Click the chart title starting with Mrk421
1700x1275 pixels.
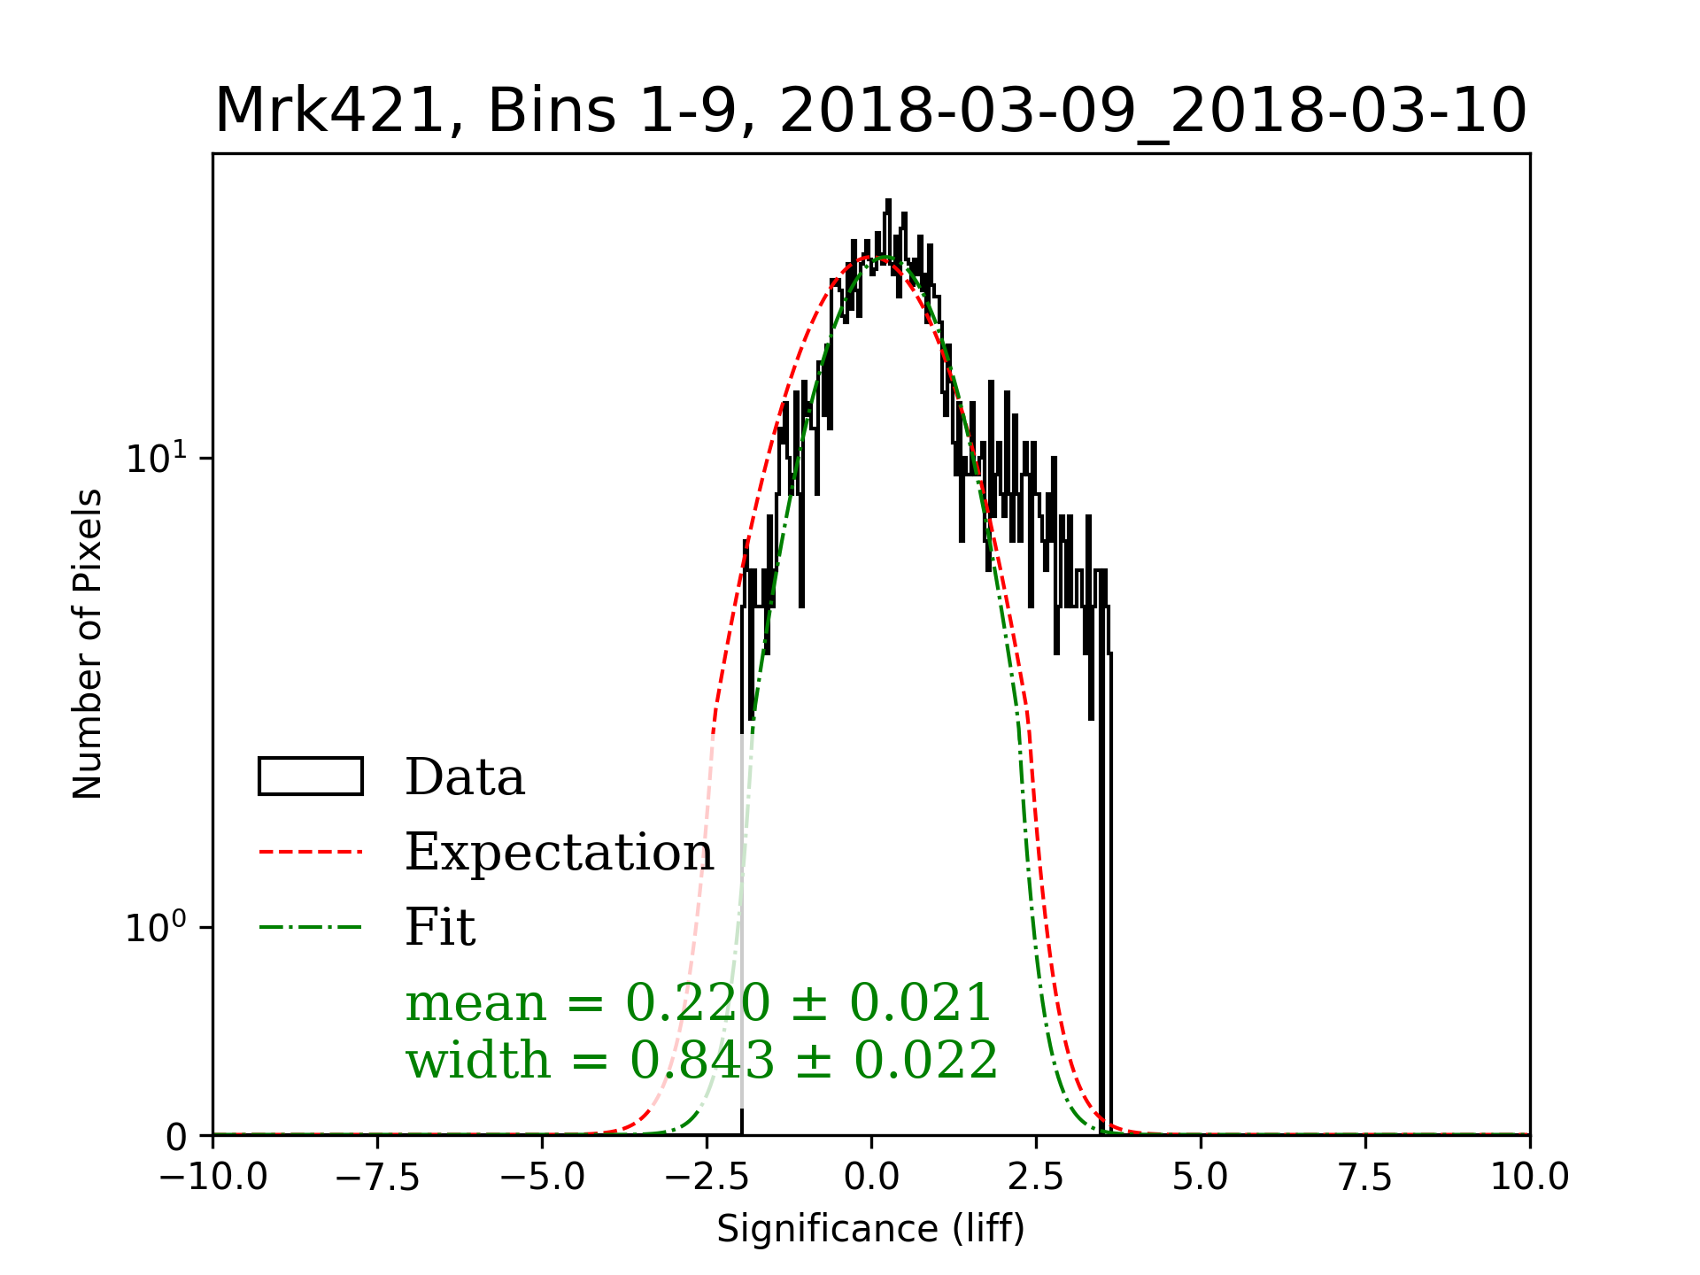[870, 112]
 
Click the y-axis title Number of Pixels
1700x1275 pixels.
[88, 644]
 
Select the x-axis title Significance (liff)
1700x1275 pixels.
[870, 1229]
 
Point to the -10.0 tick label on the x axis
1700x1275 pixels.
[213, 1178]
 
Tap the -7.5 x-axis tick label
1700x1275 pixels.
[378, 1178]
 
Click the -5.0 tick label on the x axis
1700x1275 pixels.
[543, 1178]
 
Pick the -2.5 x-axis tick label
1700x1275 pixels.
[707, 1178]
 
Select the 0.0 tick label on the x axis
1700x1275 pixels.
[871, 1178]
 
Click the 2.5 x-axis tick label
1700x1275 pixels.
[1036, 1178]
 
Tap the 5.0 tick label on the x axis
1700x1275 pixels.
[1201, 1178]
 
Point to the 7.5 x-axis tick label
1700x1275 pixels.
[1365, 1178]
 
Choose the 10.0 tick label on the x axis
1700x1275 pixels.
[1530, 1178]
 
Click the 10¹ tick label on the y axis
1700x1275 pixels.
[157, 458]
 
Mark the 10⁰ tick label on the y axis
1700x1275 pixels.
[157, 927]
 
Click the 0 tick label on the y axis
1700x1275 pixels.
[177, 1138]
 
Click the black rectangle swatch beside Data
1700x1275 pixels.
[311, 777]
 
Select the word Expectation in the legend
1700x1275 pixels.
[559, 852]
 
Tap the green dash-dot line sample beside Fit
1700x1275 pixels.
[311, 928]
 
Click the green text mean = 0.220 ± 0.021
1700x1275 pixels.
[699, 1003]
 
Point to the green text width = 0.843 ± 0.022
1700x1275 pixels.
[701, 1060]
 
